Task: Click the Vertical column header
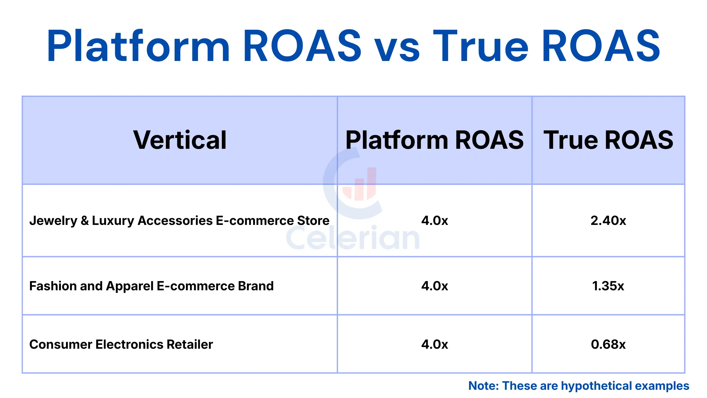tap(180, 140)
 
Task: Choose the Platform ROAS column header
tap(435, 140)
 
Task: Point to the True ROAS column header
tap(608, 140)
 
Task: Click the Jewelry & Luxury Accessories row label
tap(179, 220)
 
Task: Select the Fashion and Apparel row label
tap(151, 286)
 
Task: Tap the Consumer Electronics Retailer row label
tap(121, 344)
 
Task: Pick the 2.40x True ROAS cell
tap(608, 220)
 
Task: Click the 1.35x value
tap(608, 286)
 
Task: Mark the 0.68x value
tap(608, 344)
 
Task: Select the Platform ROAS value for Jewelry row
tap(435, 220)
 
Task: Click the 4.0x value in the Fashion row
tap(435, 286)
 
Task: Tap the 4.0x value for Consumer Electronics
tap(435, 344)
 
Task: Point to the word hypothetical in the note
tap(597, 386)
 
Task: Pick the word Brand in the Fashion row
tap(256, 286)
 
